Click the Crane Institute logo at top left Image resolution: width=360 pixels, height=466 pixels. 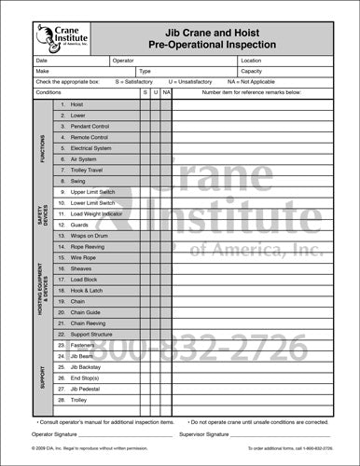coord(62,35)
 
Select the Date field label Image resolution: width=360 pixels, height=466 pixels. coord(41,60)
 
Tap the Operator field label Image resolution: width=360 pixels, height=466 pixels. coord(123,60)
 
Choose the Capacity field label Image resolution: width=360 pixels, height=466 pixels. coord(252,71)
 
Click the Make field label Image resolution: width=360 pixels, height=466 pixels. coord(42,71)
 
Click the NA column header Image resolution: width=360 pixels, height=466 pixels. coord(165,93)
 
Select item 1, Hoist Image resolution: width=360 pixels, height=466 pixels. coord(77,105)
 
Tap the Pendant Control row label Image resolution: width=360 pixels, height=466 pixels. coord(90,126)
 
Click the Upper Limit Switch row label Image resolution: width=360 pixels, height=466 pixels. coord(92,191)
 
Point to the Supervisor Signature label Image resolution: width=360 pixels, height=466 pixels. coord(202,434)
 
